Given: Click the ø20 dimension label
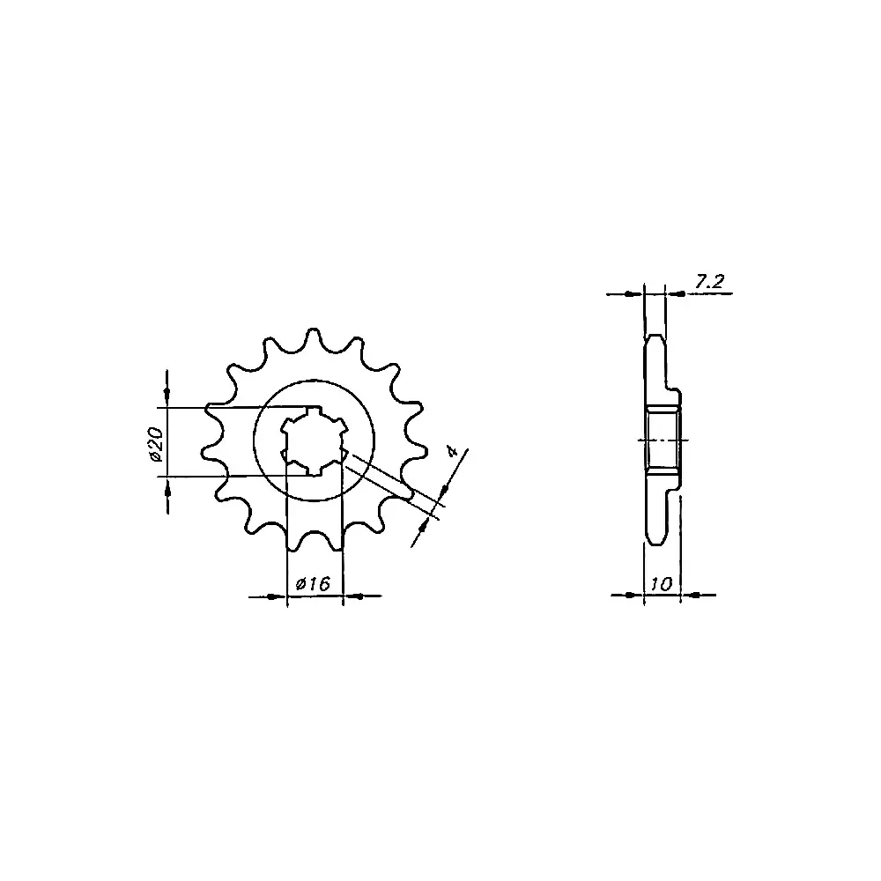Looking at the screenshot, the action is [156, 444].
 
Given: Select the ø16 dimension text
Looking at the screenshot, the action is [313, 584].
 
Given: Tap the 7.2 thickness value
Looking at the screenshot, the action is [709, 282].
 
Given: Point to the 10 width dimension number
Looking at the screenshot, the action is [662, 584].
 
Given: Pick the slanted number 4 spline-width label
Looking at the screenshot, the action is [450, 450].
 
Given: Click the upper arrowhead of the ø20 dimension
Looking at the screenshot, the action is [167, 391].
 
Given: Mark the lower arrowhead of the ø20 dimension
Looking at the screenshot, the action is [167, 492].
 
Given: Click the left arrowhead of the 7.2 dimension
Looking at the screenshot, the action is [633, 293].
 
